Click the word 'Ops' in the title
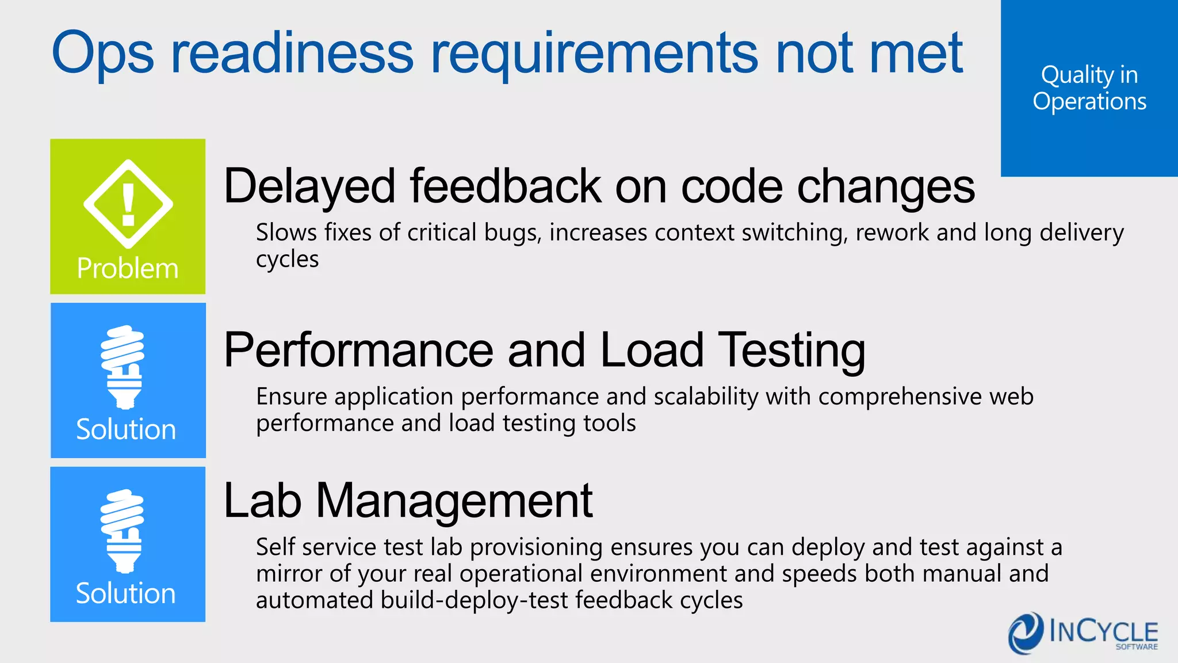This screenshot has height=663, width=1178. click(x=102, y=54)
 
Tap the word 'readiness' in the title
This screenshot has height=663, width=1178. click(x=292, y=54)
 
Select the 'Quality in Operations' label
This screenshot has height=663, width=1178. click(x=1089, y=88)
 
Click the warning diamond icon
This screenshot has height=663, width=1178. click(x=128, y=204)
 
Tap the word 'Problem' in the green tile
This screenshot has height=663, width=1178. click(x=128, y=268)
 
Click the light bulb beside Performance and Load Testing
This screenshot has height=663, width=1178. click(x=123, y=367)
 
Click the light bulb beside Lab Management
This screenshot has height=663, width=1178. click(x=123, y=531)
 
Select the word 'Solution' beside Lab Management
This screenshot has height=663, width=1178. click(x=126, y=593)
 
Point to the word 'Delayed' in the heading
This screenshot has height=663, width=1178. click(x=309, y=186)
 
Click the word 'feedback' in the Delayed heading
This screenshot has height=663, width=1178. click(x=505, y=186)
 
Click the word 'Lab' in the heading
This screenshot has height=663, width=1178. click(x=262, y=501)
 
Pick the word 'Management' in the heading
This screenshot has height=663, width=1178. click(x=454, y=501)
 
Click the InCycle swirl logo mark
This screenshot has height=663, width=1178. click(x=1026, y=633)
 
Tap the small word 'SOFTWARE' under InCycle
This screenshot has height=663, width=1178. click(x=1137, y=647)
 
